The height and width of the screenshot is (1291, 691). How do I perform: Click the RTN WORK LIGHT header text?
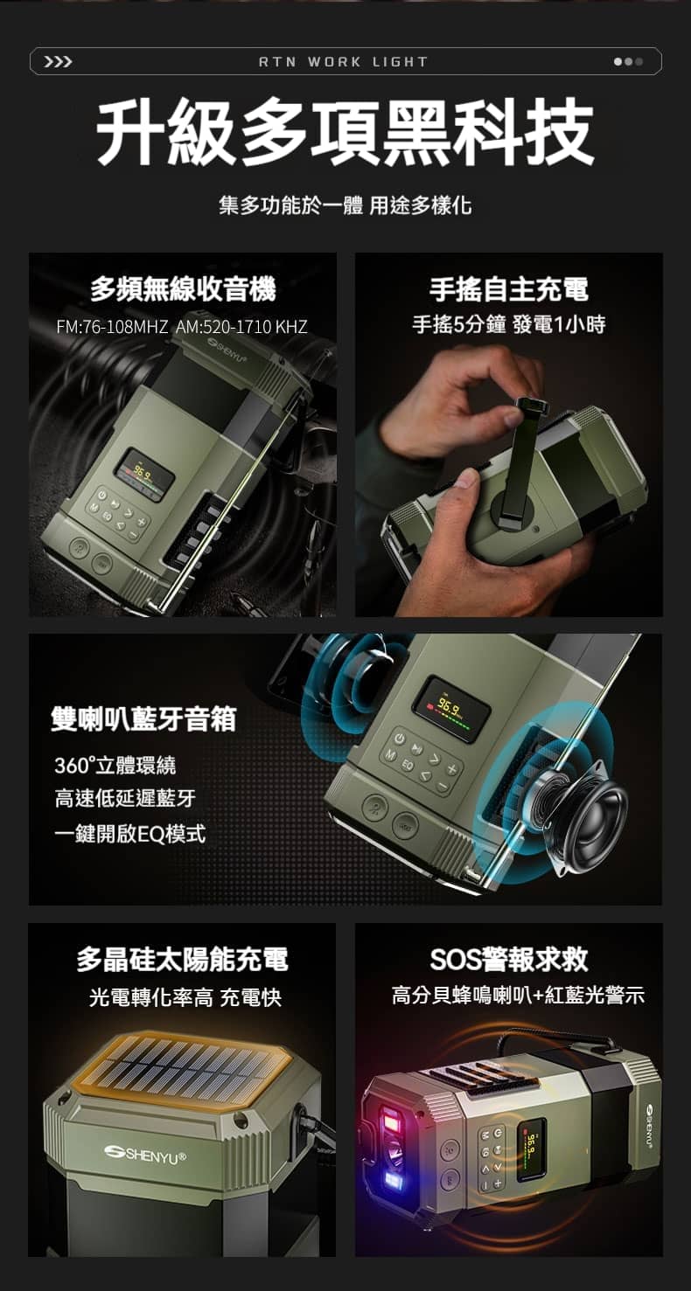click(343, 62)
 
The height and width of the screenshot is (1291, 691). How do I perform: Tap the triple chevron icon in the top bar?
click(59, 62)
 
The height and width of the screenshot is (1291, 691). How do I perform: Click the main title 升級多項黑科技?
click(345, 131)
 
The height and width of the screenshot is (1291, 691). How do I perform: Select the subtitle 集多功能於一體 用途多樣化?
click(345, 205)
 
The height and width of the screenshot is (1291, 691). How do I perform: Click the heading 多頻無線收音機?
click(183, 289)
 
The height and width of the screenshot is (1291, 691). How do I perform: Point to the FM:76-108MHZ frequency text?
click(112, 327)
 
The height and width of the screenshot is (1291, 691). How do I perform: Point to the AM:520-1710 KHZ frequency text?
click(241, 327)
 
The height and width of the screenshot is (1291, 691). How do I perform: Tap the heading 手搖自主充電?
click(509, 289)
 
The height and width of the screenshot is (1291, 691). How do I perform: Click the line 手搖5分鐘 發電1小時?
click(509, 324)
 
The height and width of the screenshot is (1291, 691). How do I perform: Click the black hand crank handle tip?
click(529, 407)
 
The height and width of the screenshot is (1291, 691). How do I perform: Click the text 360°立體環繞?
click(115, 766)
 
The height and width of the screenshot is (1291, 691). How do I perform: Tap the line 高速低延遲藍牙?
click(125, 799)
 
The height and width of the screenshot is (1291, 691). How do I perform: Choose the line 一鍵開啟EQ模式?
click(129, 833)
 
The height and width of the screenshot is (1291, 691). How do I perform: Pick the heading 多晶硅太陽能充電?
click(182, 959)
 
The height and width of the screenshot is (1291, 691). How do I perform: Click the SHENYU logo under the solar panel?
click(145, 1154)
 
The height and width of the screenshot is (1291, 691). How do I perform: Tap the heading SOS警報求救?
click(509, 959)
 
